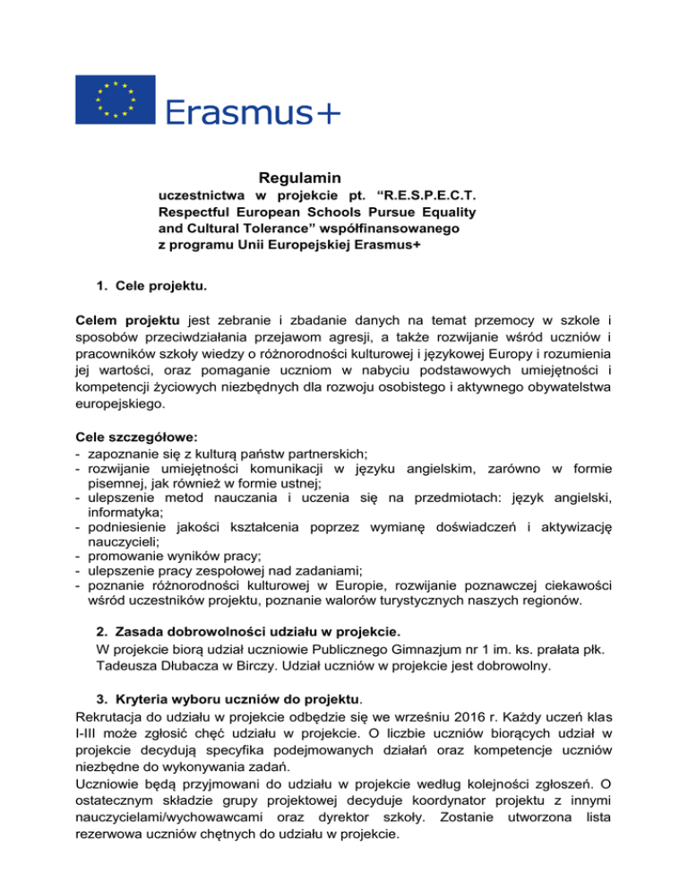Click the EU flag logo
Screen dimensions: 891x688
(116, 99)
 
